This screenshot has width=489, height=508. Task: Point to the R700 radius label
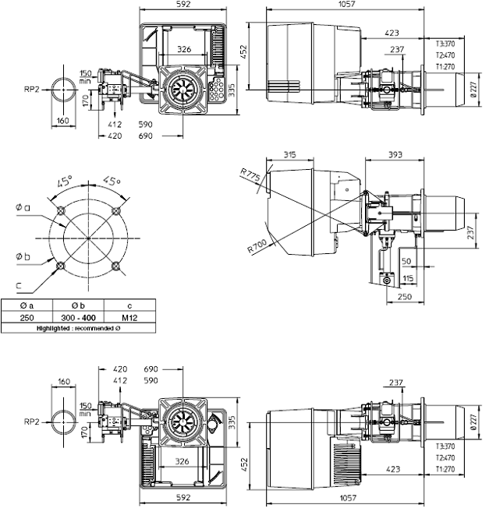[x=257, y=247]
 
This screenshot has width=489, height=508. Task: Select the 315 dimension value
[x=290, y=155]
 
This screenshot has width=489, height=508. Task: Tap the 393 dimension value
[x=394, y=155]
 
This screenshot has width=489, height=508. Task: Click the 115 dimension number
[x=409, y=278]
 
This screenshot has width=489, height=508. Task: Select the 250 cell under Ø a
[x=27, y=318]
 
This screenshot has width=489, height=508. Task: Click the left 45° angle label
[x=65, y=182]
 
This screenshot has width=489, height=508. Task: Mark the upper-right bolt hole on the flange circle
[x=116, y=210]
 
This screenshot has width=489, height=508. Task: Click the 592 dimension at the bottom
[x=183, y=496]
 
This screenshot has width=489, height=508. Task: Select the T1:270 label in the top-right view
[x=445, y=67]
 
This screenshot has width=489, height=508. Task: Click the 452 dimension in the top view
[x=244, y=51]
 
